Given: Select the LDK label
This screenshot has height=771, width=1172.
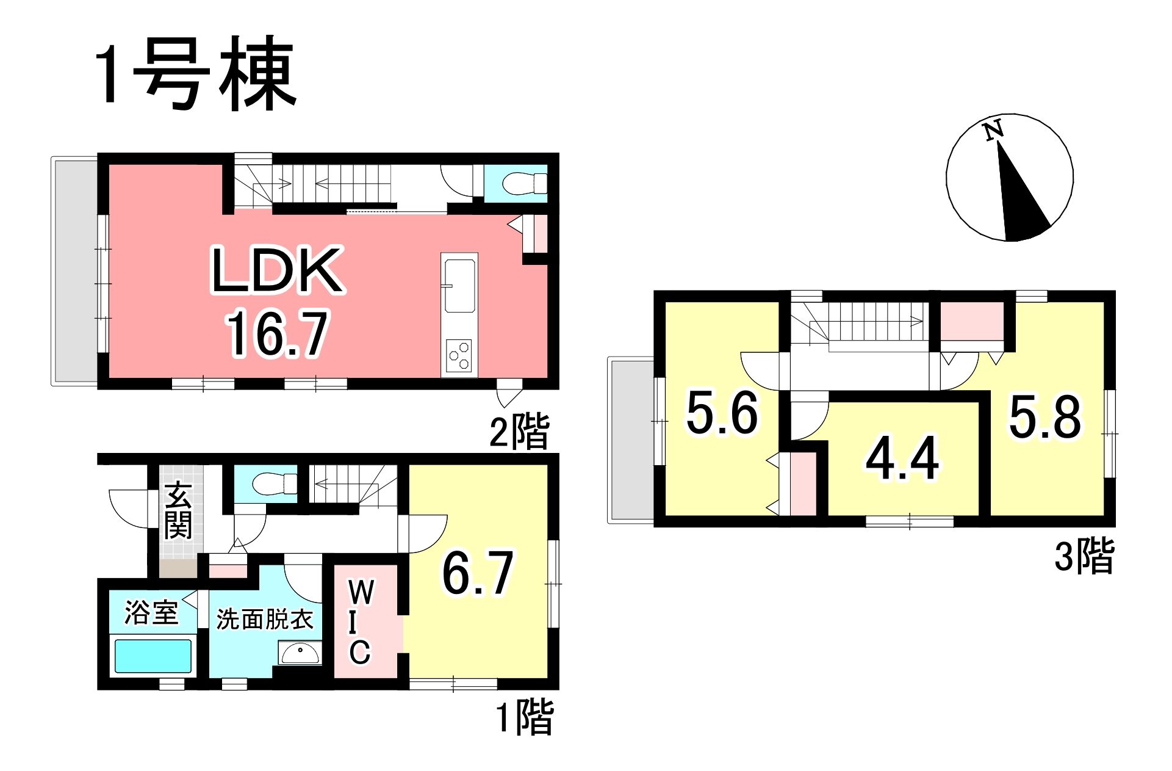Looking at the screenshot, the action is [277, 270].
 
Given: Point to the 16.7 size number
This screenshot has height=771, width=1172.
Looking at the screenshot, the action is [278, 333].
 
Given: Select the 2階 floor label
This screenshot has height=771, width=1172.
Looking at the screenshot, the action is [519, 431].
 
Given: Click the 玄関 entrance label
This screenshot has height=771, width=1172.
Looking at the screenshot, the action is [179, 510].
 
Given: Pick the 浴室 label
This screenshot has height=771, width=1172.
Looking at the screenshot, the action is [151, 612].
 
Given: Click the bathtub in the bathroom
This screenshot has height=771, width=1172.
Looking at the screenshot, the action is [153, 656].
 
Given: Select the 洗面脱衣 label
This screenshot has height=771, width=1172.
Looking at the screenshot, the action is [265, 619].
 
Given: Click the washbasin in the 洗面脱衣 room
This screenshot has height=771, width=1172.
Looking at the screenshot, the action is [299, 653].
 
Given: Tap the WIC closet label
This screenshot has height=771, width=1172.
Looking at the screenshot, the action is [360, 623].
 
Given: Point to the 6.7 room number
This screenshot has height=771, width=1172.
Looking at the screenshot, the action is [478, 573].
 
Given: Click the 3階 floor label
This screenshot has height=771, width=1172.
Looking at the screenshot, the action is [1085, 555].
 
